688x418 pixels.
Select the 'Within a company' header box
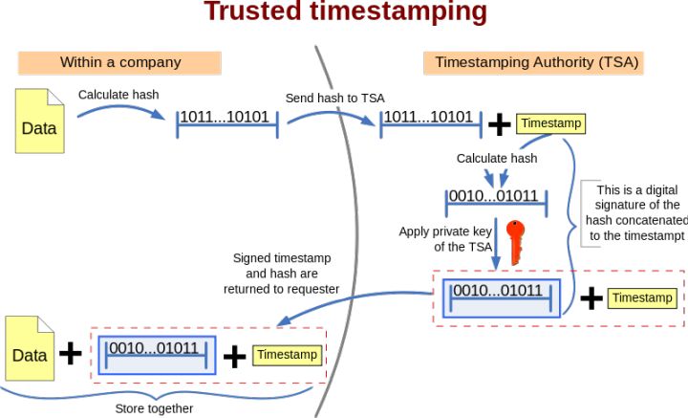[x=120, y=62]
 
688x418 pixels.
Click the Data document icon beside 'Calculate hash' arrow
[x=39, y=121]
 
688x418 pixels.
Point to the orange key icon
[x=516, y=241]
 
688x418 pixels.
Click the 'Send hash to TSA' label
[x=334, y=99]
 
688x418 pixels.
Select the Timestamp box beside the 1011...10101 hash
[x=549, y=123]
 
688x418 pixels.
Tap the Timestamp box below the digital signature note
[x=642, y=298]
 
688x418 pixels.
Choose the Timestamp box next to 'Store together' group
[x=287, y=355]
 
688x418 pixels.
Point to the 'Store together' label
[x=154, y=408]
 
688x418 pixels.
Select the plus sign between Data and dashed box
[x=71, y=353]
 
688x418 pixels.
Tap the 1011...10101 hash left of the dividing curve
[x=227, y=118]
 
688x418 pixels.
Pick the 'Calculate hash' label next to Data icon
[x=118, y=95]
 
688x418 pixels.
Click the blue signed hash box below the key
[x=497, y=297]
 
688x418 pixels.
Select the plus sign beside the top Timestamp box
[x=499, y=123]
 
